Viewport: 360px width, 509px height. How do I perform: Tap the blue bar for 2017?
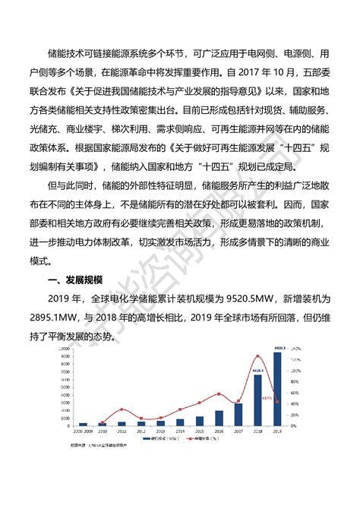[x=238, y=414]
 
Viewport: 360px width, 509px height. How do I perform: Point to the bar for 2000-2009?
[x=84, y=424]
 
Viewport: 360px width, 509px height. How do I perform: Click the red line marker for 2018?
[x=257, y=356]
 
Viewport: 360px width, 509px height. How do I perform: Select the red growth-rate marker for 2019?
[x=276, y=402]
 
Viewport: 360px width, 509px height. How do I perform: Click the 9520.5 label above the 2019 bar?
[x=276, y=348]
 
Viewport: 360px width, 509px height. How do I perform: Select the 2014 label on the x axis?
[x=180, y=431]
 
